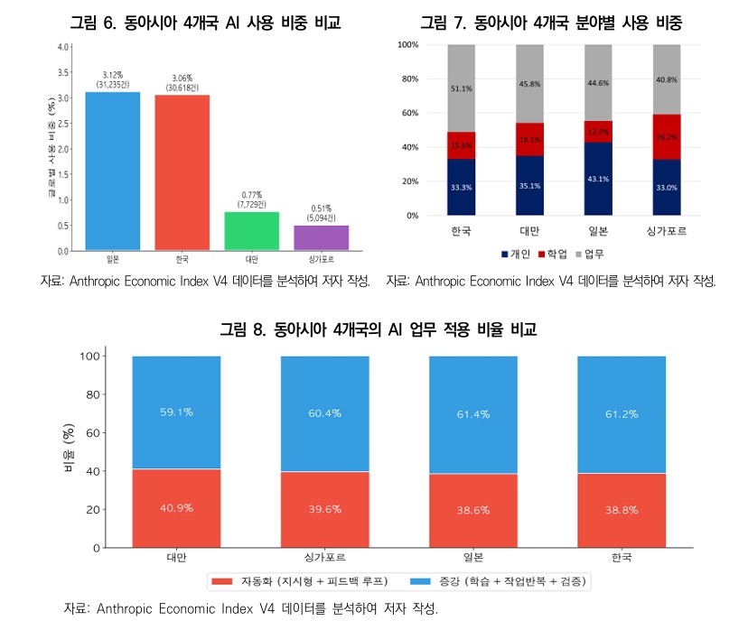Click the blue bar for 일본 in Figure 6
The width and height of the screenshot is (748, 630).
[113, 171]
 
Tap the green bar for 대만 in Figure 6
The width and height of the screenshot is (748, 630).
[252, 231]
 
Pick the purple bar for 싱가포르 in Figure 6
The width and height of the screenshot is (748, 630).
[322, 237]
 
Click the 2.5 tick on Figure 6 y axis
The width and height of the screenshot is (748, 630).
[64, 123]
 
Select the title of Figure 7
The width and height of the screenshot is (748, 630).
[551, 22]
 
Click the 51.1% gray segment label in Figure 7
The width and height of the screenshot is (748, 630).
[461, 88]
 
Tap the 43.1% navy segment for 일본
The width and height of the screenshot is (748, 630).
[598, 179]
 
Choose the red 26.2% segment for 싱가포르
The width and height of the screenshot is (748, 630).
[667, 137]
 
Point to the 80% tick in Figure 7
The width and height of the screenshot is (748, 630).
[407, 79]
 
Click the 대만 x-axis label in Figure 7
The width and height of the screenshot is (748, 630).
[529, 231]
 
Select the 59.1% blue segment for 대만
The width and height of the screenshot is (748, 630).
[176, 412]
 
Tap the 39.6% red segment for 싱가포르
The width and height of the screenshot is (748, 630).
[324, 509]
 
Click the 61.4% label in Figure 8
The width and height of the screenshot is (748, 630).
[472, 413]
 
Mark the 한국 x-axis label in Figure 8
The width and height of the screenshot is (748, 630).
[621, 559]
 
